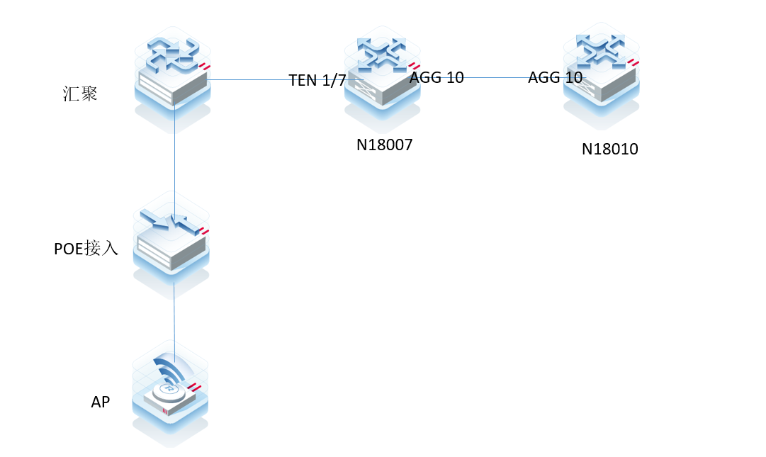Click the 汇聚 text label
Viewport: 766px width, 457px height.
click(80, 94)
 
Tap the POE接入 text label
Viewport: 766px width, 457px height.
click(86, 249)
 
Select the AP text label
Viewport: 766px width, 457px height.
click(101, 402)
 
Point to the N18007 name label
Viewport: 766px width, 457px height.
click(384, 146)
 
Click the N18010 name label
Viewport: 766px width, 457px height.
click(610, 149)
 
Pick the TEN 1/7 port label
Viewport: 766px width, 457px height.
click(317, 80)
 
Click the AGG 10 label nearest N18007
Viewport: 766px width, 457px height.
click(436, 78)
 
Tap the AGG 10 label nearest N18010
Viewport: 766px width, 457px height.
click(555, 78)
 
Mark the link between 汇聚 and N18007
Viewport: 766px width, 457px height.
click(248, 80)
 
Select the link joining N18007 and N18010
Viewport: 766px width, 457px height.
click(496, 78)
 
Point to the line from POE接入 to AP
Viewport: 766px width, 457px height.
click(174, 319)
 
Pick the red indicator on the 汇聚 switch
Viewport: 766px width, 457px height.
click(205, 67)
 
